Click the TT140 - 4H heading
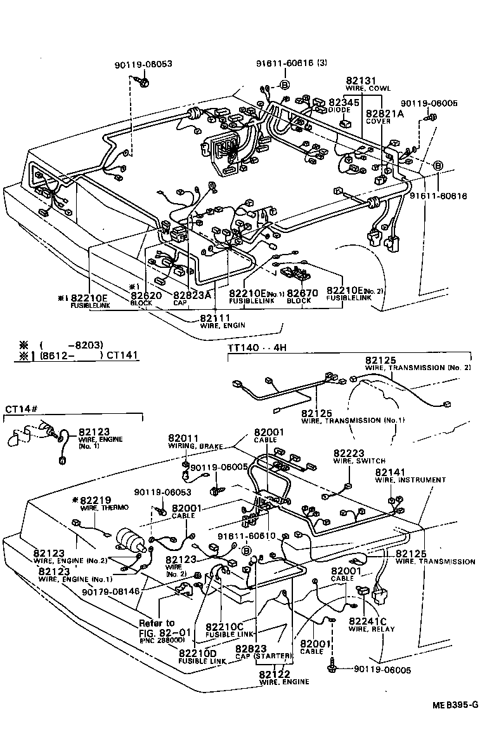pyautogui.click(x=253, y=349)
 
